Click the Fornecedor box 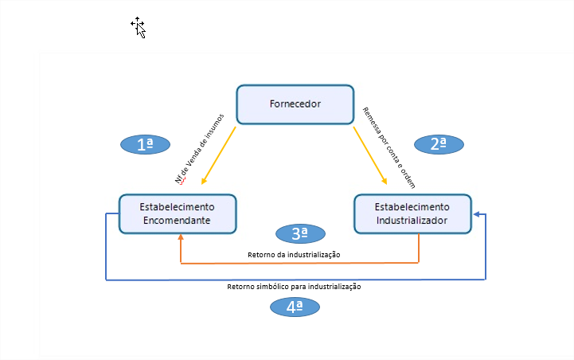[x=295, y=104]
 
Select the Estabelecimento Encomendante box [x=177, y=213]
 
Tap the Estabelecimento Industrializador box [x=412, y=213]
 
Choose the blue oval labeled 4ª [x=294, y=307]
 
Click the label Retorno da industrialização [x=295, y=254]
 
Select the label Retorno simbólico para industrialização [x=294, y=287]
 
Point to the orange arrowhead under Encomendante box [x=181, y=238]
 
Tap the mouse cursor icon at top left [x=139, y=27]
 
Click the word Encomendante [x=177, y=221]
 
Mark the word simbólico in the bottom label [x=271, y=287]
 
